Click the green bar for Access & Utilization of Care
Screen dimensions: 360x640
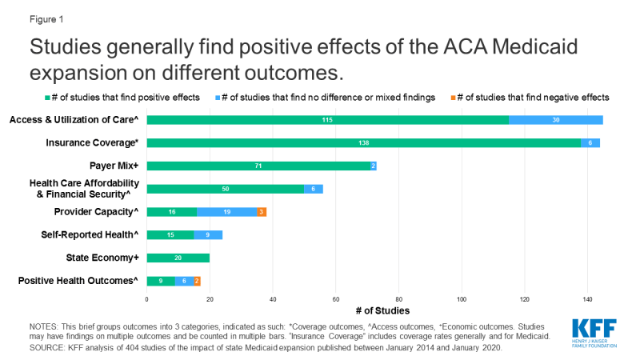(327, 120)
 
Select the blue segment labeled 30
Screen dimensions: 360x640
(555, 120)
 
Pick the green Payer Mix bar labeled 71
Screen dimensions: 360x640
(258, 166)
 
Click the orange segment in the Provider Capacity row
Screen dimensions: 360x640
(262, 212)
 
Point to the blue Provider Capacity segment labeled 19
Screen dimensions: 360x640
(226, 212)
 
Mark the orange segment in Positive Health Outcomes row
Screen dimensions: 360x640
(197, 281)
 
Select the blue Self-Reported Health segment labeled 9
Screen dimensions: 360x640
(208, 235)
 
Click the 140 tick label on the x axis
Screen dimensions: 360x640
(587, 299)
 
